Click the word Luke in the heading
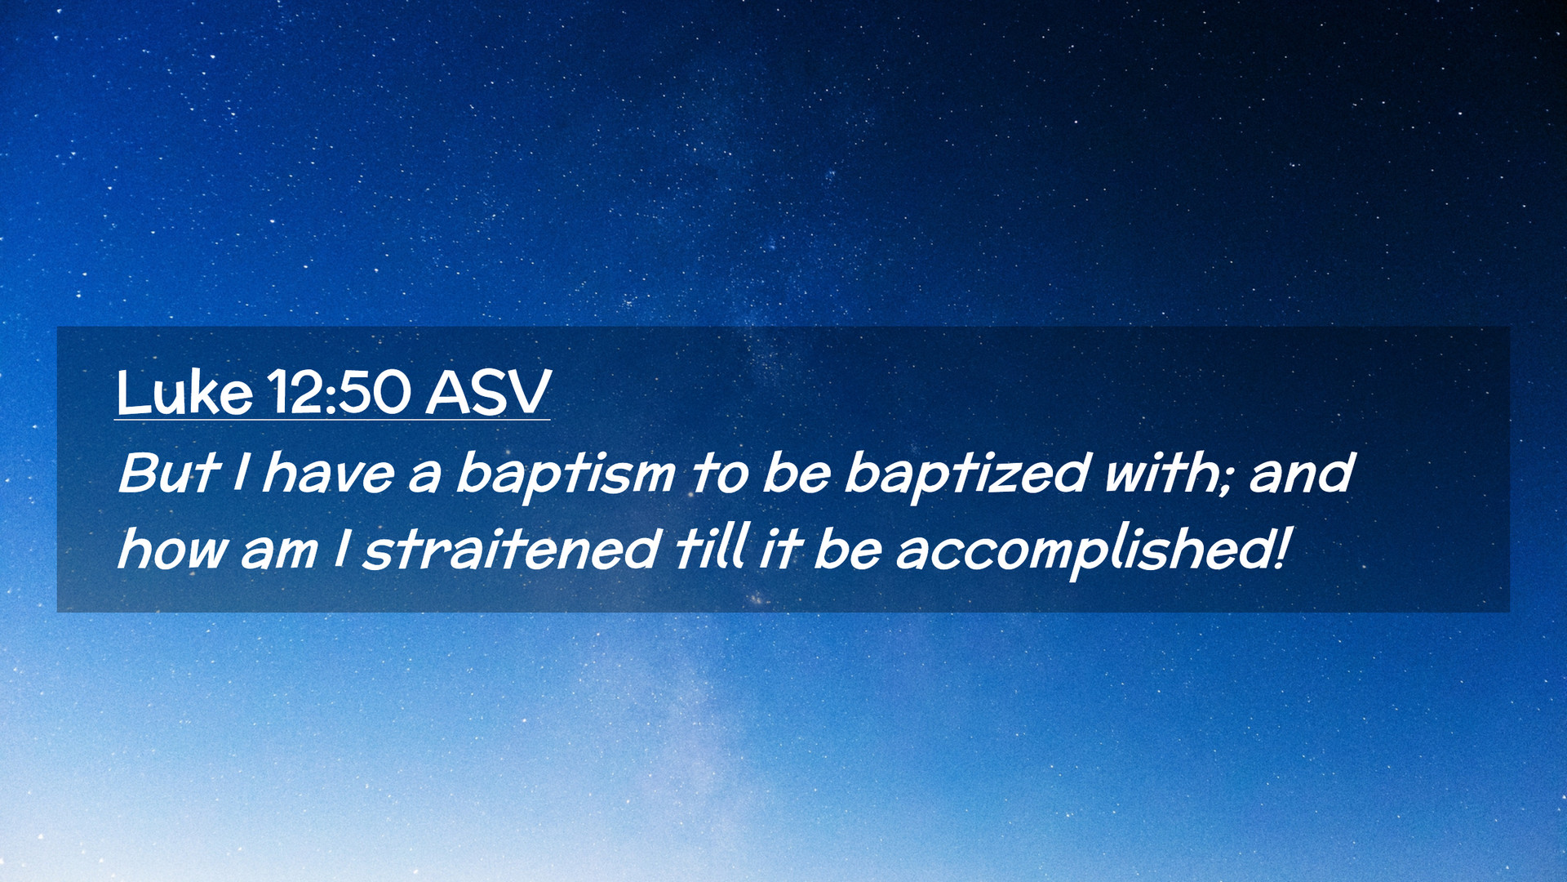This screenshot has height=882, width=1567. click(184, 393)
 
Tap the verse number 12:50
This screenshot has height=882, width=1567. click(338, 393)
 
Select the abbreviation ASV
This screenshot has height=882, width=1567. click(488, 393)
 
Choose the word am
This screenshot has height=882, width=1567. click(278, 553)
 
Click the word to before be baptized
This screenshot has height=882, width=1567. click(719, 474)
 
